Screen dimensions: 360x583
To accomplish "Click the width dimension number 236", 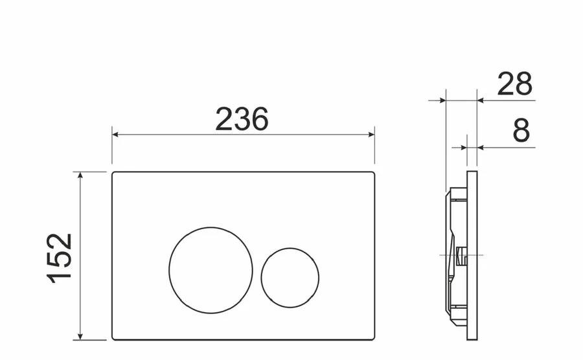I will (242, 119).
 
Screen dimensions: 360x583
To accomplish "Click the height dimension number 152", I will (60, 257).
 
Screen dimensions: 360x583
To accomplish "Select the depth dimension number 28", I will (515, 84).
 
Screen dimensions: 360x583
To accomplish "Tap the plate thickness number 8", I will (521, 131).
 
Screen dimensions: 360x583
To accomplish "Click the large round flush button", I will (203, 270).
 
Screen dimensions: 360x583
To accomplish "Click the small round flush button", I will (290, 278).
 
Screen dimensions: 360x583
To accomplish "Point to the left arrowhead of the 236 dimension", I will (116, 135).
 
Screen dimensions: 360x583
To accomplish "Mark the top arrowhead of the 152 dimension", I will (80, 175).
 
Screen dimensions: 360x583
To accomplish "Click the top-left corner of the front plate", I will (114, 174).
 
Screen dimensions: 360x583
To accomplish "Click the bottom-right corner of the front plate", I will (373, 338).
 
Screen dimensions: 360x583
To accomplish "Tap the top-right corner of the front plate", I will (373, 174).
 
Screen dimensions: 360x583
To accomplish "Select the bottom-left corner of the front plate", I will (114, 338).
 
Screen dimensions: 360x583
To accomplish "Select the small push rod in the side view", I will (461, 256).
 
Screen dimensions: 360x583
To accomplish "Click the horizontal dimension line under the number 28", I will (505, 100).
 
